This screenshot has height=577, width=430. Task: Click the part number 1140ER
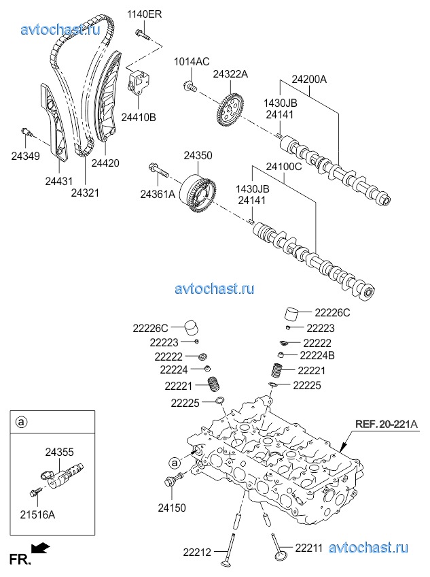point(145,14)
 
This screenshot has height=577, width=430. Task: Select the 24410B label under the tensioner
point(139,117)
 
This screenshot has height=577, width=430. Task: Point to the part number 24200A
point(309,79)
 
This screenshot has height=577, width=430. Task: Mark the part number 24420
point(105,163)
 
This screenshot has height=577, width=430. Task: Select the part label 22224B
point(317,355)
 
